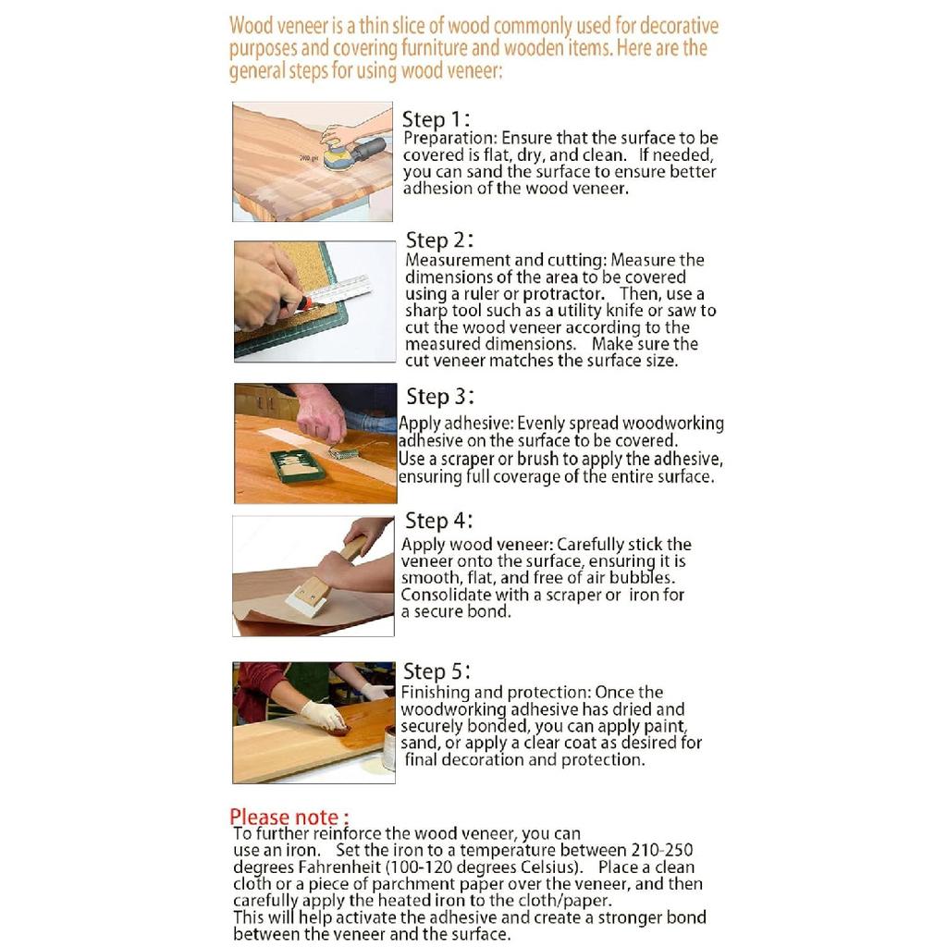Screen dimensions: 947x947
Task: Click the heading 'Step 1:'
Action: click(436, 119)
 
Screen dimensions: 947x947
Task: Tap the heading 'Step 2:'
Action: click(439, 240)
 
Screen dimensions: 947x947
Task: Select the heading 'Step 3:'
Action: click(439, 397)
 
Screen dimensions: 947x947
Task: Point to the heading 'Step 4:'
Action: click(438, 521)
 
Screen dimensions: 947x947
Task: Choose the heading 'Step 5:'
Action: click(437, 671)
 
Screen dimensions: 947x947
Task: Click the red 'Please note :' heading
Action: click(289, 818)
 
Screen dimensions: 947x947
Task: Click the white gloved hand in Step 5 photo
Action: click(324, 717)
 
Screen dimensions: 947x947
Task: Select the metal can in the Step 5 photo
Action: click(389, 747)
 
